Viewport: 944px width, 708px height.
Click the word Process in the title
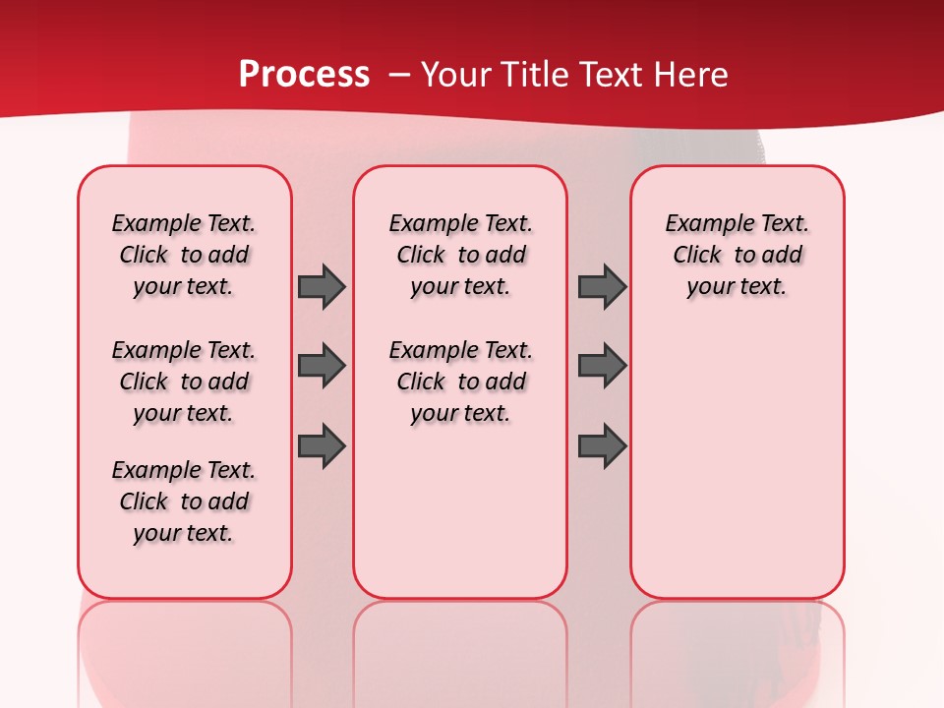point(304,75)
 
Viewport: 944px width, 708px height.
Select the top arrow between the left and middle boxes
point(322,286)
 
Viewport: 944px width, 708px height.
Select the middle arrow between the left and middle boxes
point(322,366)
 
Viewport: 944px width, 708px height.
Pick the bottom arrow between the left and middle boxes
point(322,445)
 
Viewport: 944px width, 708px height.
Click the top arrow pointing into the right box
point(602,286)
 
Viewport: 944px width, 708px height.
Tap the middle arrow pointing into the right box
point(602,366)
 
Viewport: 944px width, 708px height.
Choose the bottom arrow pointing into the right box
point(602,445)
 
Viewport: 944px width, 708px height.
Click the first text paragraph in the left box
point(184,255)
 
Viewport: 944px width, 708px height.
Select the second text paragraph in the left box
point(184,382)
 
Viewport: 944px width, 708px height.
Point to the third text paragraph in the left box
point(184,501)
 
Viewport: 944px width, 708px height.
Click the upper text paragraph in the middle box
point(460,255)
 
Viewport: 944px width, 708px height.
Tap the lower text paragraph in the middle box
point(460,382)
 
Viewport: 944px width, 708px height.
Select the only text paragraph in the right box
point(737,255)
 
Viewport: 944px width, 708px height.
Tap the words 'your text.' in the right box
point(737,287)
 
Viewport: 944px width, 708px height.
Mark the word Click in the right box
point(697,256)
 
